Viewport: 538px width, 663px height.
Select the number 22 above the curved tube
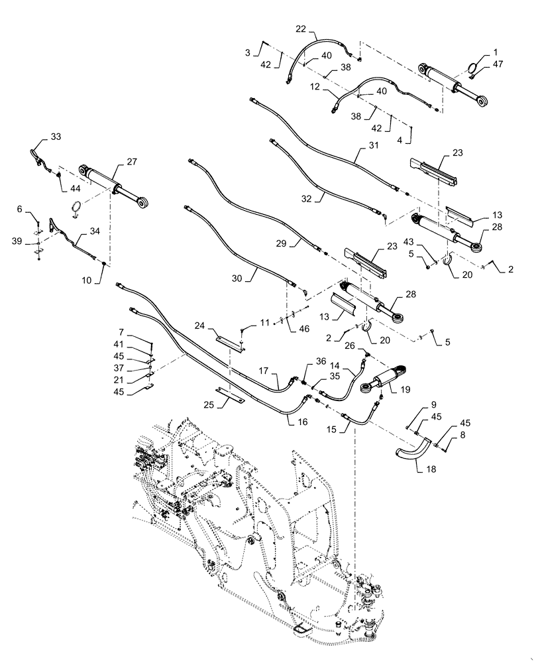tap(301, 30)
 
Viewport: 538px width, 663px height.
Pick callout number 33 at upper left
tap(56, 137)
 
